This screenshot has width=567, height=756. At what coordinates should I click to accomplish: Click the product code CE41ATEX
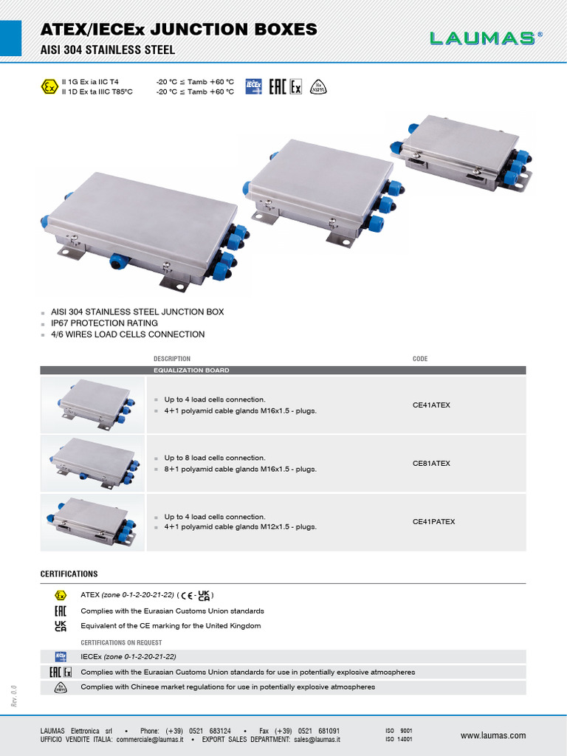click(x=431, y=405)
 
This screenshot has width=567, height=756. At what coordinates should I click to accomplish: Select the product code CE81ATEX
click(x=431, y=464)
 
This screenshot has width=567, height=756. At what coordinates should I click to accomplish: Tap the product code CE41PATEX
click(x=433, y=522)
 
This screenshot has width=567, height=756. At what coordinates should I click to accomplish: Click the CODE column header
click(x=419, y=359)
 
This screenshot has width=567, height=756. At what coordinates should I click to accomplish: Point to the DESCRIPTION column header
click(x=171, y=359)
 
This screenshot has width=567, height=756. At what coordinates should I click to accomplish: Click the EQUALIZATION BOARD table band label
click(x=190, y=370)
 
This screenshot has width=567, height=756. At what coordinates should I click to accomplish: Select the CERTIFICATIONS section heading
click(x=68, y=574)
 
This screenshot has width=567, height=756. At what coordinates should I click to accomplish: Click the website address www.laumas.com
click(x=492, y=735)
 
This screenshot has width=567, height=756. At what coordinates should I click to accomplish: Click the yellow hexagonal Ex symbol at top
click(x=49, y=87)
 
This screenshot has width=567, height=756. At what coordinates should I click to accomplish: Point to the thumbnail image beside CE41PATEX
click(x=93, y=521)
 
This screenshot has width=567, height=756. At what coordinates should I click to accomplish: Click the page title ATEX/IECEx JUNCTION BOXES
click(x=179, y=30)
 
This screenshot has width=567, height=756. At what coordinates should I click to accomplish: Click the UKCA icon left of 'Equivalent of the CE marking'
click(x=61, y=626)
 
